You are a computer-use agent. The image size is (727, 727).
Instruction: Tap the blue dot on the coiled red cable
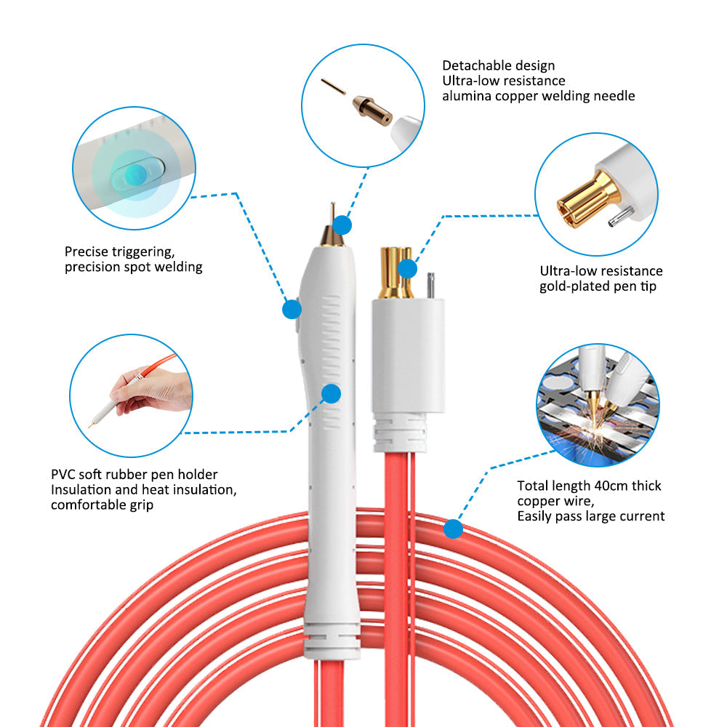pyautogui.click(x=453, y=529)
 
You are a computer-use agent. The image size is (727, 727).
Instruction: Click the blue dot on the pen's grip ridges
pyautogui.click(x=331, y=393)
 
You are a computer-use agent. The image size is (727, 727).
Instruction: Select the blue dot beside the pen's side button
pyautogui.click(x=292, y=309)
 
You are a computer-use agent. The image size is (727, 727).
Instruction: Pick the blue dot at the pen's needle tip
pyautogui.click(x=342, y=225)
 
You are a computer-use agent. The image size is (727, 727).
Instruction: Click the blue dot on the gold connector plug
pyautogui.click(x=407, y=268)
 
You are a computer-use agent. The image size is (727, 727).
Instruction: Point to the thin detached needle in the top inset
pyautogui.click(x=333, y=87)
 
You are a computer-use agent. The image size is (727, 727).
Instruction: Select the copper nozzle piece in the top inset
pyautogui.click(x=372, y=111)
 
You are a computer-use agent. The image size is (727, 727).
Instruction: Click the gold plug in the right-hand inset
pyautogui.click(x=588, y=200)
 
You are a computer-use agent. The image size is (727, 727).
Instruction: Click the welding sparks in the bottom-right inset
pyautogui.click(x=591, y=433)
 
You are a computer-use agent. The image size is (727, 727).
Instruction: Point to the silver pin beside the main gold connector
pyautogui.click(x=430, y=286)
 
